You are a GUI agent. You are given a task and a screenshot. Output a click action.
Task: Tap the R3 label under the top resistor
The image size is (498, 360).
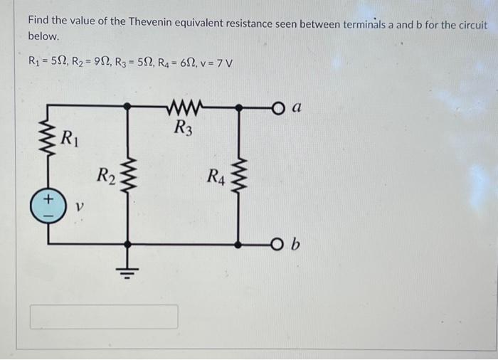point(183,129)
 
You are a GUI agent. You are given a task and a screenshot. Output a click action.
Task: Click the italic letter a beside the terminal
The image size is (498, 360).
point(297,107)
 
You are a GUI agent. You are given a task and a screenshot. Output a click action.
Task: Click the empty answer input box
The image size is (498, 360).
point(104,317)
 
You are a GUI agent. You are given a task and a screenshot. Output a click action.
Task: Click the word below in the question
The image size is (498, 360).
point(42,36)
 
